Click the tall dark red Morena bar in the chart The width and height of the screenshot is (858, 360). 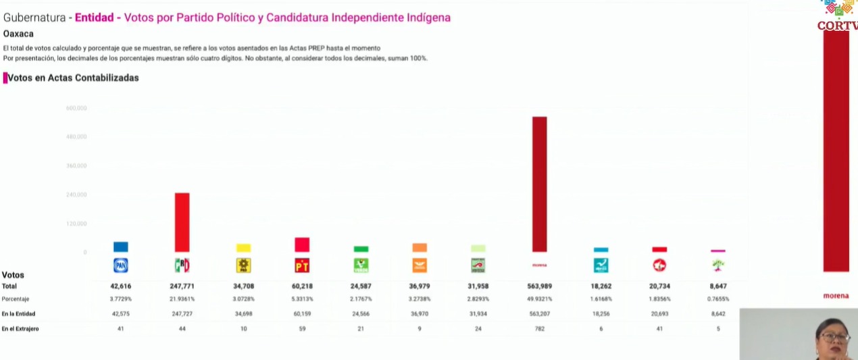pos(539,184)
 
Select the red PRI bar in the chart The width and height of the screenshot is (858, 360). pos(182,222)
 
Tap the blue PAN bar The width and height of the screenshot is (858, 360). pos(120,247)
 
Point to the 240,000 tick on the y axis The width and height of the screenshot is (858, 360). pos(76,195)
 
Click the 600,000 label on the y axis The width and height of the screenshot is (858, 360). pos(76,108)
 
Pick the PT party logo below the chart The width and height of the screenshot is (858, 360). pos(301,265)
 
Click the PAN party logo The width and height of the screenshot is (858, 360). pos(120,265)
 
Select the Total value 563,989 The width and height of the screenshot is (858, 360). pos(539,286)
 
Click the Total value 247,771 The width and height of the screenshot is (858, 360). pos(182,286)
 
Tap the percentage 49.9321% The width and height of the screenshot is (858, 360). pos(539,299)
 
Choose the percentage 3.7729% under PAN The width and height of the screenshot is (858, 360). pos(120,299)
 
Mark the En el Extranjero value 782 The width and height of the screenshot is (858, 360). pos(539,329)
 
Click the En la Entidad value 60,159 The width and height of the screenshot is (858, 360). pos(301,314)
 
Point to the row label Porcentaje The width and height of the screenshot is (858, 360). pos(16,299)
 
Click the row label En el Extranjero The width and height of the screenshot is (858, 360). pos(20,329)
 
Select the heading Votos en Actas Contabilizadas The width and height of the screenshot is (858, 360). pos(73,78)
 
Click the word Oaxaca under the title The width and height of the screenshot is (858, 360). pos(18,34)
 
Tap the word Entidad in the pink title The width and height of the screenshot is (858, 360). pos(94,18)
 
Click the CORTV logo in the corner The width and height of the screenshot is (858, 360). pos(838,16)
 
